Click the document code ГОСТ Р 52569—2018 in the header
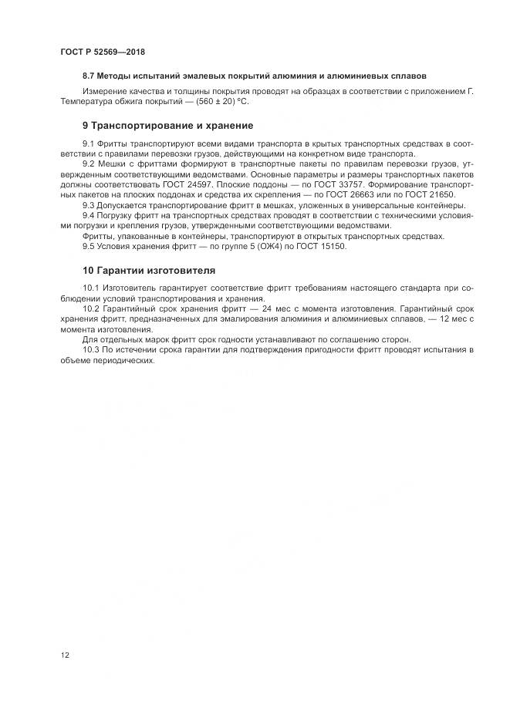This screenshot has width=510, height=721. pyautogui.click(x=103, y=52)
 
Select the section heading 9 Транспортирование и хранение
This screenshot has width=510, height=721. pyautogui.click(x=167, y=126)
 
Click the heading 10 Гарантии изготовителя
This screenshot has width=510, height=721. pyautogui.click(x=149, y=270)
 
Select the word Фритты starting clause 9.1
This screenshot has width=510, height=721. pyautogui.click(x=113, y=145)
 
